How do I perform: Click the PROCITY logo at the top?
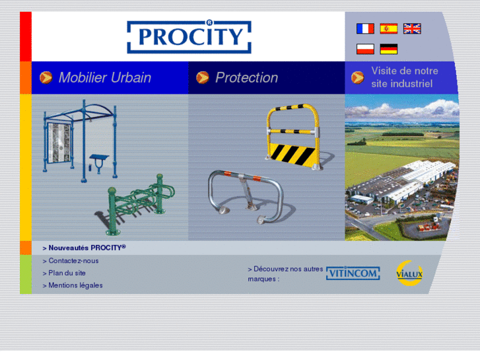(x=189, y=36)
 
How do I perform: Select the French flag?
(x=365, y=28)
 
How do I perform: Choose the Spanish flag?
(x=389, y=28)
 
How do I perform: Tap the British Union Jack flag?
(x=412, y=28)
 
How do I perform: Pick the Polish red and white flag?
(x=365, y=49)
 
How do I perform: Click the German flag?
(x=389, y=49)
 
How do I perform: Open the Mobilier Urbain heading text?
(x=104, y=77)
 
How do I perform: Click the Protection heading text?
(x=246, y=77)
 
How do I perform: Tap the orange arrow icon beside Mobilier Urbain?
(x=46, y=77)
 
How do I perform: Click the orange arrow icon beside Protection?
(x=203, y=77)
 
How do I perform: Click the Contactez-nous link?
(x=73, y=260)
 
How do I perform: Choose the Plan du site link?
(x=67, y=273)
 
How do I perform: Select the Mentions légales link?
(x=75, y=285)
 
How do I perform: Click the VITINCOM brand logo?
(x=353, y=273)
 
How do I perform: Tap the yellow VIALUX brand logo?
(x=409, y=273)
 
